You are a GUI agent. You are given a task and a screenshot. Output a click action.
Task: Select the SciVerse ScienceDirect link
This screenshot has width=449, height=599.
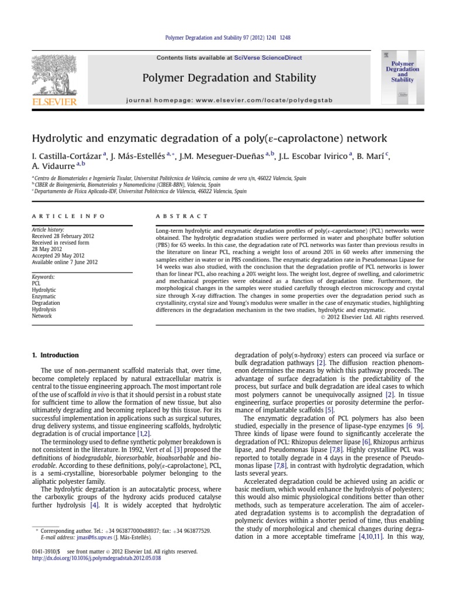click(267, 57)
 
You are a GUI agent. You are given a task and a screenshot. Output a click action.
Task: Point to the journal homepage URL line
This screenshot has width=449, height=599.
click(229, 101)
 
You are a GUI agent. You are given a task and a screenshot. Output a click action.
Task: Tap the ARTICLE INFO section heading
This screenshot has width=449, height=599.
click(68, 216)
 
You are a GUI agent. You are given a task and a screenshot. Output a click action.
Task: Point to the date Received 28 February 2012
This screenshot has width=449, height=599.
click(63, 236)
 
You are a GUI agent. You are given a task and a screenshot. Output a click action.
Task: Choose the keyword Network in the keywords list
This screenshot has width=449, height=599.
click(42, 316)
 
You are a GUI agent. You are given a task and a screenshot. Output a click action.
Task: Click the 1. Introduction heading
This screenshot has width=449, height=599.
click(56, 355)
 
